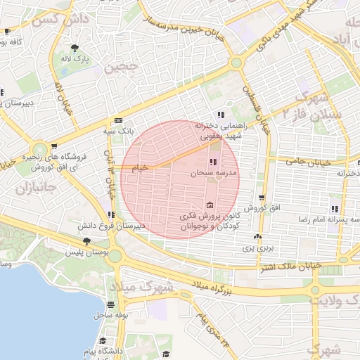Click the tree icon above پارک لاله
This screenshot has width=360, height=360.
click(75, 48)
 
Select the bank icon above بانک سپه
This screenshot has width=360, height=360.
click(118, 120)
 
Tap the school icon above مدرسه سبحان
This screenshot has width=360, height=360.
click(212, 163)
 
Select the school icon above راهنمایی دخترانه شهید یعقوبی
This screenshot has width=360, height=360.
click(221, 114)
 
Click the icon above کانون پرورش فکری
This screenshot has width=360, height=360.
click(209, 205)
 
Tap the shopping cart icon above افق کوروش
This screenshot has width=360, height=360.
click(262, 198)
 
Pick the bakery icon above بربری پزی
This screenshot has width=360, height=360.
click(257, 237)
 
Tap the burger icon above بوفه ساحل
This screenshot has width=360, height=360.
click(110, 304)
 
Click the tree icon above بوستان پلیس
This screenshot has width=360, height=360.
click(86, 241)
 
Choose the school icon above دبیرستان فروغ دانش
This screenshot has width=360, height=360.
click(110, 214)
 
